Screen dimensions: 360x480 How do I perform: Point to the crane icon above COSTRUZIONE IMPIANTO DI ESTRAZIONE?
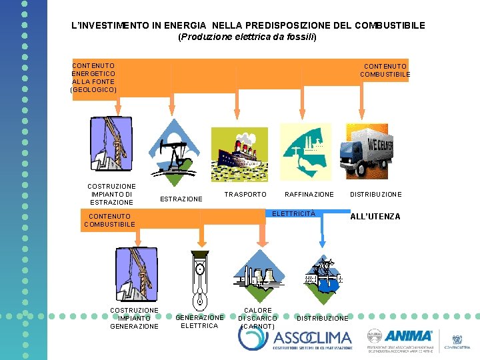click(x=110, y=145)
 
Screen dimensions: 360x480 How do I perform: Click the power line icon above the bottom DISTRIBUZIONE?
click(x=322, y=275)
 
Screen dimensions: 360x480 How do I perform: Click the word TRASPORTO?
click(x=245, y=195)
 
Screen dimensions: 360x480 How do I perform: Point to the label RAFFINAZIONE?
click(x=309, y=195)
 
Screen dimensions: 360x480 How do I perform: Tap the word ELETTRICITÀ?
click(x=293, y=213)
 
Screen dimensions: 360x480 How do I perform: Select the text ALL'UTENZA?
click(x=375, y=217)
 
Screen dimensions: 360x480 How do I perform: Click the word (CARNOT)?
click(x=257, y=327)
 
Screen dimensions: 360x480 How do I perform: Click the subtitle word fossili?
click(x=299, y=37)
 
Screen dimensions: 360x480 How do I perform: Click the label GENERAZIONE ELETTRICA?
click(x=199, y=321)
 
